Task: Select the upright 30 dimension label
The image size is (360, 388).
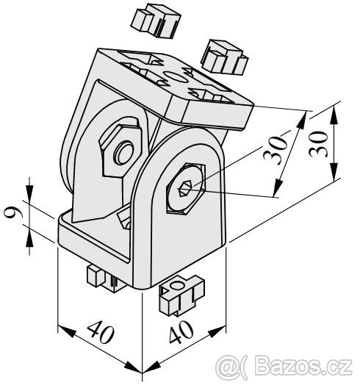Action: pyautogui.click(x=318, y=144)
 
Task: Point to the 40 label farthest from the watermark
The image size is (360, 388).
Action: pyautogui.click(x=101, y=332)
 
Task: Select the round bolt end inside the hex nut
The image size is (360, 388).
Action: pyautogui.click(x=123, y=153)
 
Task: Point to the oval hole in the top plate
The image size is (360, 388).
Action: pyautogui.click(x=176, y=76)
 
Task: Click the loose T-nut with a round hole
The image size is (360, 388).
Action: pyautogui.click(x=182, y=295)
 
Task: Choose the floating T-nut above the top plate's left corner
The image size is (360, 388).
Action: pyautogui.click(x=156, y=21)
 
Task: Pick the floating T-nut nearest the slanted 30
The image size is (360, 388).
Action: pyautogui.click(x=224, y=57)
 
